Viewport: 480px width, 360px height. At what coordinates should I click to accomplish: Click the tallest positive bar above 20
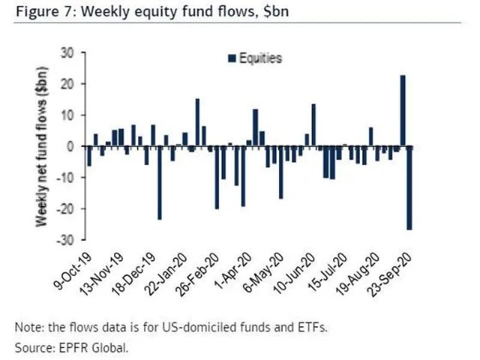pos(403,109)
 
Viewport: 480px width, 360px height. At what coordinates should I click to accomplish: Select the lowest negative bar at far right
pos(409,187)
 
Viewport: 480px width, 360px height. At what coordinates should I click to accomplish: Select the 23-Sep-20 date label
pos(393,276)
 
